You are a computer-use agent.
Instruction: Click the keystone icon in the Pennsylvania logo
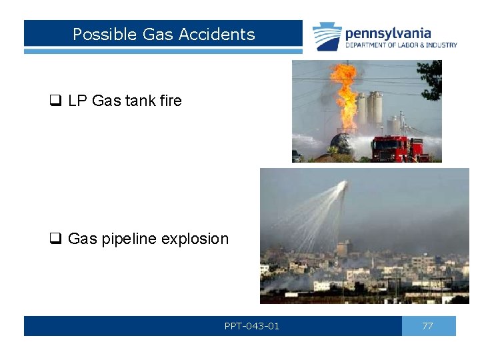(327, 37)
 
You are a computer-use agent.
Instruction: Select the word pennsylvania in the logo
(387, 33)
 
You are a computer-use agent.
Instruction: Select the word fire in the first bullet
(170, 101)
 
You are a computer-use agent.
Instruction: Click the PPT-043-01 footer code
(251, 326)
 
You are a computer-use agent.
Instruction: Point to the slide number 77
(427, 326)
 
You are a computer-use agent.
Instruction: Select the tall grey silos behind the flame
(373, 110)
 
